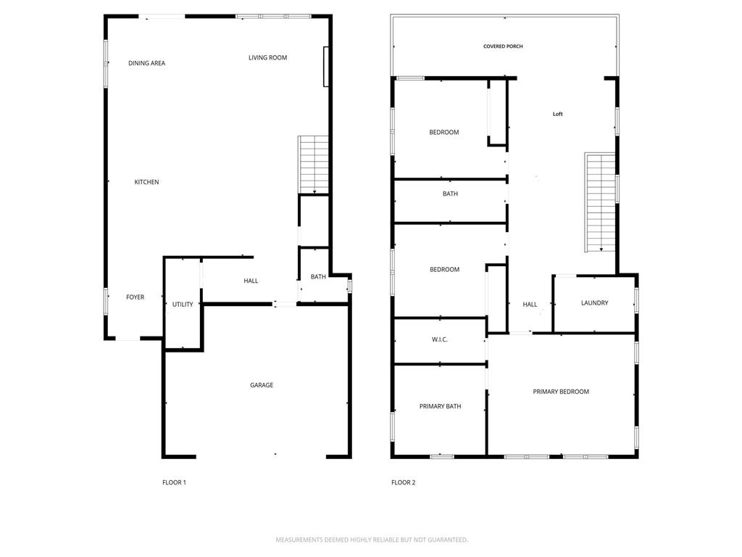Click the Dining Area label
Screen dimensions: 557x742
tap(146, 63)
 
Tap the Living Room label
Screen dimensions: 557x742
tap(267, 57)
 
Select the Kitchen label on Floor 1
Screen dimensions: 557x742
tap(146, 182)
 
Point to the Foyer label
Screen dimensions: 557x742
tap(135, 297)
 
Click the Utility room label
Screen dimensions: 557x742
tap(183, 305)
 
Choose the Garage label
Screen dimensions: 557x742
tap(262, 385)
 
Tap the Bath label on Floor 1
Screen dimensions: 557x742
tap(318, 277)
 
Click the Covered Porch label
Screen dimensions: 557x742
tap(503, 46)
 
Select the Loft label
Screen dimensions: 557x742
tap(557, 114)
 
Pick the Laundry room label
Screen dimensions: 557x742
tap(594, 303)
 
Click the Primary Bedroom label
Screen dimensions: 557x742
tap(561, 392)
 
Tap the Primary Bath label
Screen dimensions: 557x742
tap(440, 406)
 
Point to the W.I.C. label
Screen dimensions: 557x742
tap(440, 339)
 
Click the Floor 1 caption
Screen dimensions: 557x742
tap(174, 482)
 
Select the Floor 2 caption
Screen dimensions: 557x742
tap(404, 482)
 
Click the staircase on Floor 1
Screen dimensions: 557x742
tap(314, 165)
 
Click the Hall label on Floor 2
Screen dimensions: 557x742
tap(530, 305)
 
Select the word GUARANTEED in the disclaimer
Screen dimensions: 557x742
tap(446, 540)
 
